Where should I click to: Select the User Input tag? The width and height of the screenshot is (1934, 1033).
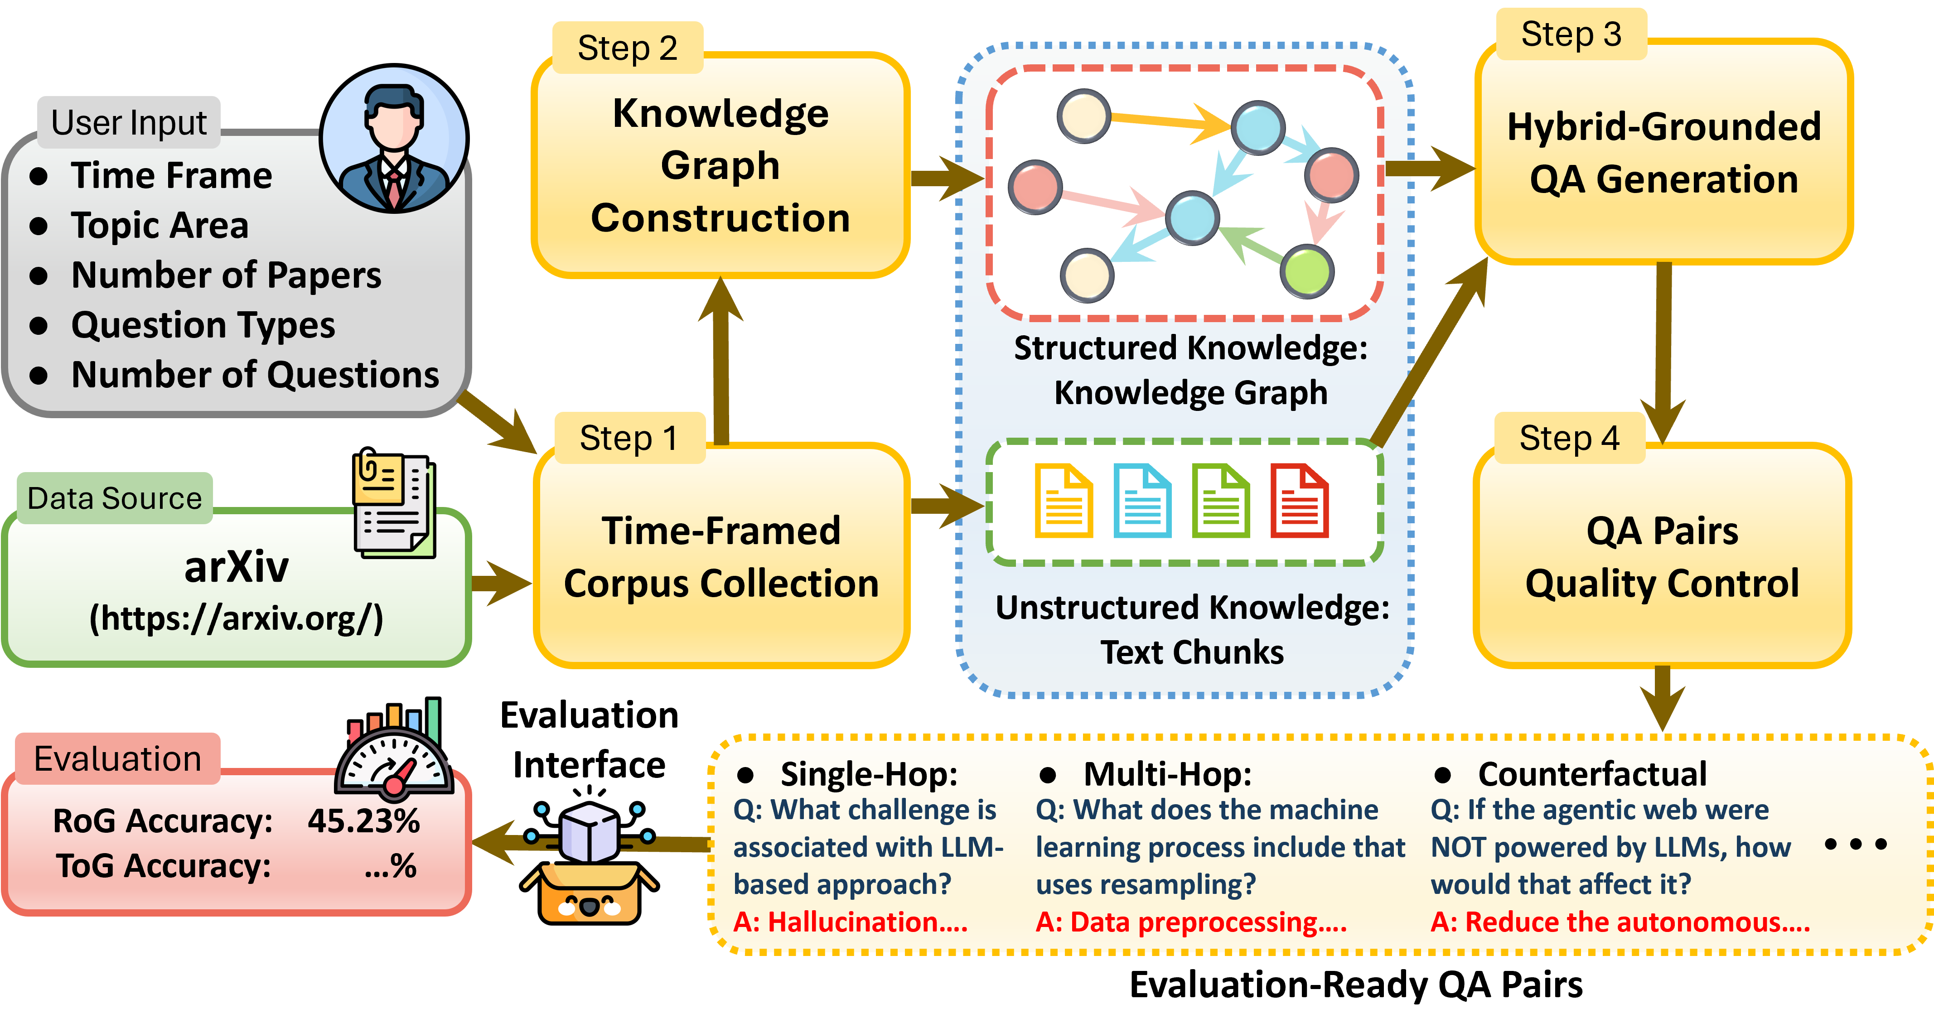128,122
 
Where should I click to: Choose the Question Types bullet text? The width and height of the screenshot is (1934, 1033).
203,325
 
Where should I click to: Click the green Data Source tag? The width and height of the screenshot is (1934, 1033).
114,498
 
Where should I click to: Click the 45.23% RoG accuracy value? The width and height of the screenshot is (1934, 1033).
363,821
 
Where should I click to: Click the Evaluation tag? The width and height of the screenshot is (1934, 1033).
118,759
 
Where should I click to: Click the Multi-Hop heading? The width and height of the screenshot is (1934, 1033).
1167,774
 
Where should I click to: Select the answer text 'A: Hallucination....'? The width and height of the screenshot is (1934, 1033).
850,922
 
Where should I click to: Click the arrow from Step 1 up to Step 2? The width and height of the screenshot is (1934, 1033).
721,360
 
